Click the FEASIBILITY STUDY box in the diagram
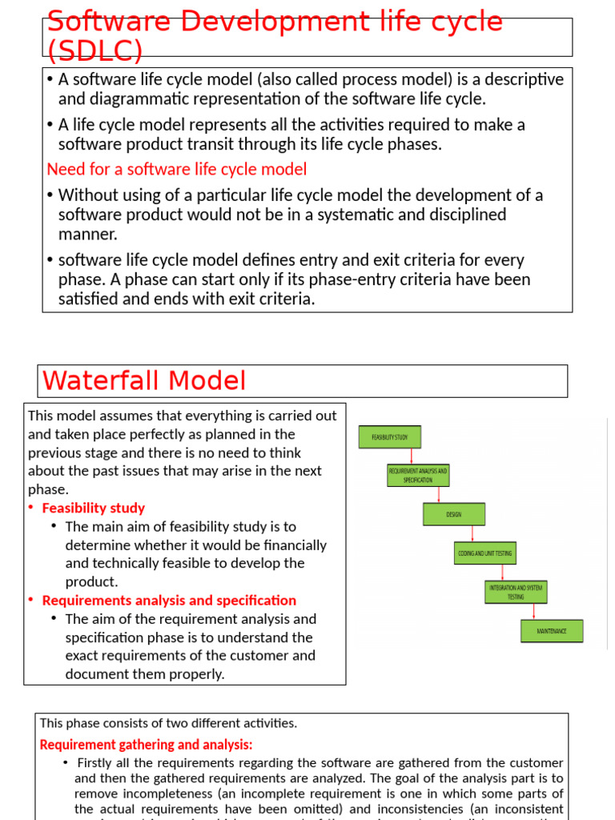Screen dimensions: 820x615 click(389, 437)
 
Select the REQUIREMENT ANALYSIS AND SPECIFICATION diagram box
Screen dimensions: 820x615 click(418, 476)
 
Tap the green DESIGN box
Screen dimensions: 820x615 click(453, 514)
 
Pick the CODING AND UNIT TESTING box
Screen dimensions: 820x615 click(484, 553)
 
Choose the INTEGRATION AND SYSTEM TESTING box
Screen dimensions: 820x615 click(517, 592)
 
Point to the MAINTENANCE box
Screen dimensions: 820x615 click(552, 631)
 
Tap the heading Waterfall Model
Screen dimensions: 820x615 click(144, 380)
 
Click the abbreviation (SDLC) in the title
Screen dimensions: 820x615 click(94, 51)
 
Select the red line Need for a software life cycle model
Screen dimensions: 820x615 click(177, 170)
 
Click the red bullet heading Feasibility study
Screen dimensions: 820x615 click(93, 508)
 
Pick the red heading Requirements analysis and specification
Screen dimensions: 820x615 click(169, 601)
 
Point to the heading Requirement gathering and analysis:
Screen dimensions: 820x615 click(146, 745)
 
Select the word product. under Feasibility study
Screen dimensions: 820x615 click(91, 582)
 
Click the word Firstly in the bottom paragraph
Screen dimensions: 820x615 click(95, 763)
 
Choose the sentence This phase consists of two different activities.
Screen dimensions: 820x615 click(168, 723)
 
